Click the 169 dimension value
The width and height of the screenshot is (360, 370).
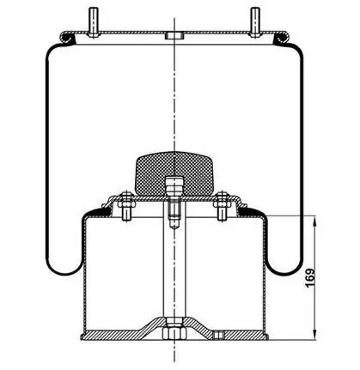pos(310,277)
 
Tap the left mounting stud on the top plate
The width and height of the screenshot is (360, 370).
pos(94,22)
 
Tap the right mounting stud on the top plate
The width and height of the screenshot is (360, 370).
pos(255,22)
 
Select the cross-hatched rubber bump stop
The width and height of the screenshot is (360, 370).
pos(174,174)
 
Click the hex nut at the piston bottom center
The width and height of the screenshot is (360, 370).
pos(174,333)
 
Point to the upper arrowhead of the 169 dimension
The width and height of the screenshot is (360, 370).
pos(315,222)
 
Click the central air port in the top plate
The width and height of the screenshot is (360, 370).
pos(174,36)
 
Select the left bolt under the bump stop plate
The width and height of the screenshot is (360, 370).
pos(126,206)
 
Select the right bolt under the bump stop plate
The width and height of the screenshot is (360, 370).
pos(222,206)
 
